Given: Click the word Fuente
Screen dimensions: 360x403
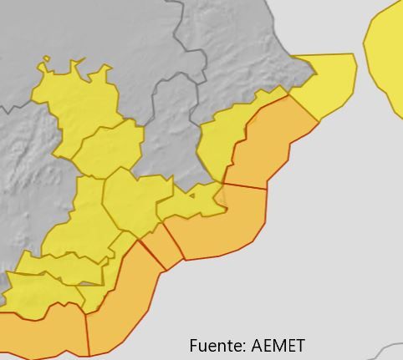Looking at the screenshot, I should tap(214, 346).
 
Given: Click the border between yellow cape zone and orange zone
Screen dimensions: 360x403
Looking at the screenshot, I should tap(303, 108).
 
